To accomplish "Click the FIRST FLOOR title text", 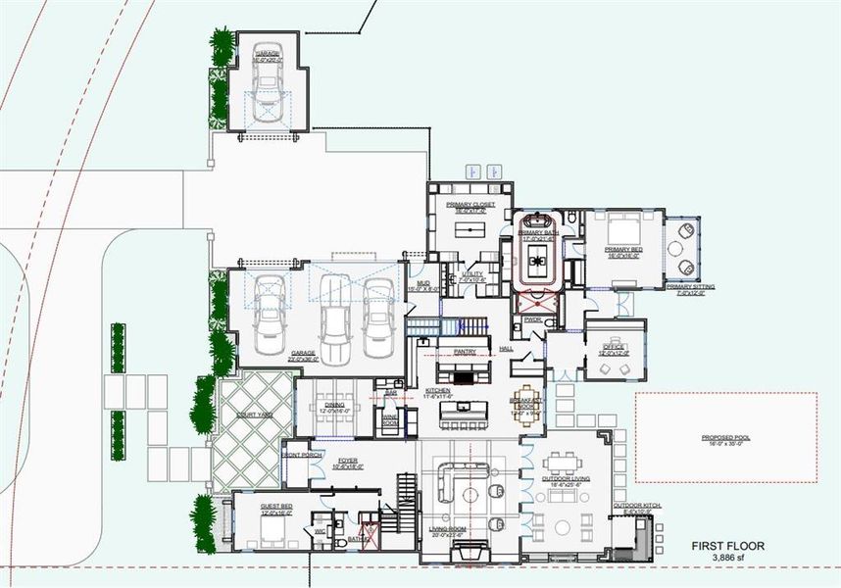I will (727, 546).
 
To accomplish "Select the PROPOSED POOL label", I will (725, 438).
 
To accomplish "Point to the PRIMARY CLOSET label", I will (470, 205).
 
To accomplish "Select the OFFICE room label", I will (614, 346).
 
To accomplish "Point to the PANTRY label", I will (465, 350).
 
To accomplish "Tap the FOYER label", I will (348, 459).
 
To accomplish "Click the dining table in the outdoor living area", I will (566, 463).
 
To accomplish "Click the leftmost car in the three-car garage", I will (268, 305).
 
